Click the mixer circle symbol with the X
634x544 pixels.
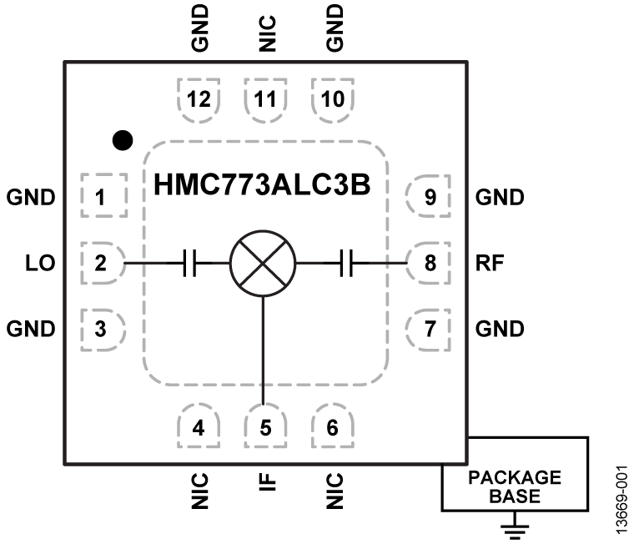coord(264,264)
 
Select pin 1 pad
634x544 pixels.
coord(103,198)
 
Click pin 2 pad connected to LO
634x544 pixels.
coord(103,264)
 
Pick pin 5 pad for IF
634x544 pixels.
coord(265,428)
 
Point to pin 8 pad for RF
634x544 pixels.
coord(429,264)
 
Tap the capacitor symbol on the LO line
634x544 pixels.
coord(189,264)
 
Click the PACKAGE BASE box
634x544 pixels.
coord(515,486)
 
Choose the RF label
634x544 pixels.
coord(489,264)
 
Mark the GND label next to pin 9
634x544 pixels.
coord(500,198)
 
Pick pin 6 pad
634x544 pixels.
coord(332,428)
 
